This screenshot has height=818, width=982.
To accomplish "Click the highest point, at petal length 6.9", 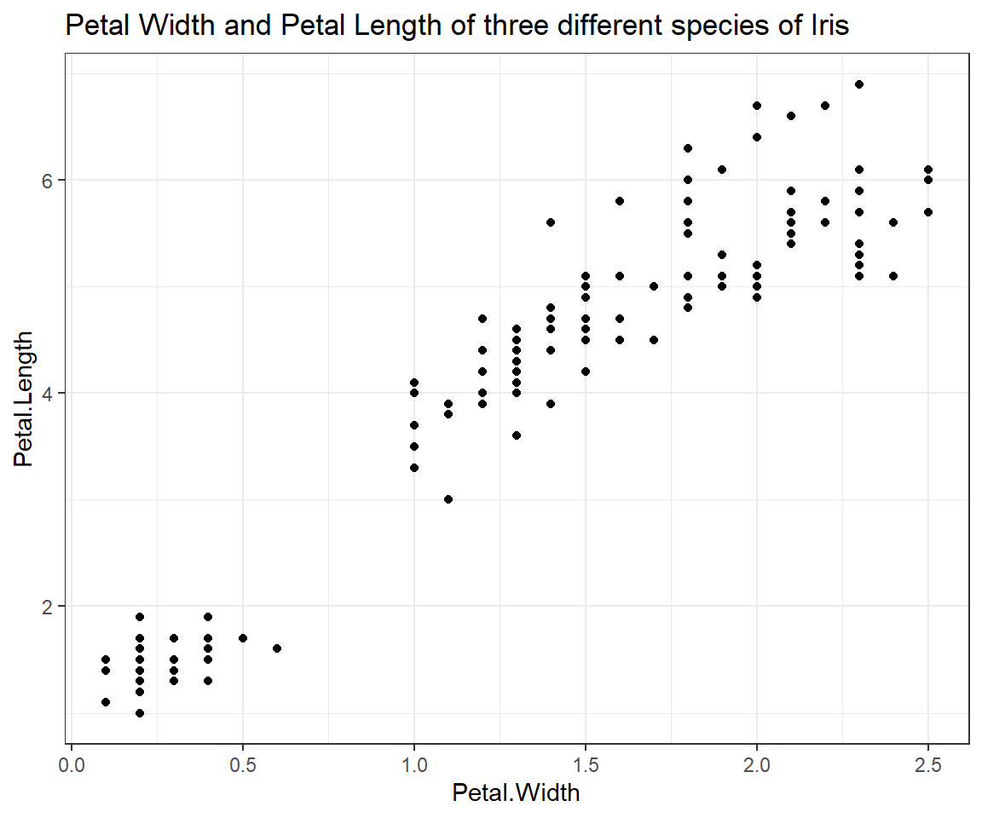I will point(859,84).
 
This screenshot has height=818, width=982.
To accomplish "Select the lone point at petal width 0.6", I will point(277,648).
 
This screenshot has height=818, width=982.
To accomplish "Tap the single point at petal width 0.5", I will point(243,638).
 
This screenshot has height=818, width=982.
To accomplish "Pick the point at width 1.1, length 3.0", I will point(448,499).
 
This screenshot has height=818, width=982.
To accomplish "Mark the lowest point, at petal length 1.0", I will point(140,713).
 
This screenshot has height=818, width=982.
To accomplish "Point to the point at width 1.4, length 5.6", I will point(551,222).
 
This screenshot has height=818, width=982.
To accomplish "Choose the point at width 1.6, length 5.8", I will point(620,201).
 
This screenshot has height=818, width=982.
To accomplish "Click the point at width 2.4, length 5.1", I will point(893,276).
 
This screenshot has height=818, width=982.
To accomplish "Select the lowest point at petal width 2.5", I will point(928,212).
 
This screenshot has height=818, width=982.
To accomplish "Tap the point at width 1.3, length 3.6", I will point(517,435).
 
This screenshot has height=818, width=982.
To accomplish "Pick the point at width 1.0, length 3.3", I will point(414,468).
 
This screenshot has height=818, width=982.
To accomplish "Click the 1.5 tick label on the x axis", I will point(585,765).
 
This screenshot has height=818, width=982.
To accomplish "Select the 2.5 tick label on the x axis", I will point(927,765).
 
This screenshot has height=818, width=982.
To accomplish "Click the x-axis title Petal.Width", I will point(516,794).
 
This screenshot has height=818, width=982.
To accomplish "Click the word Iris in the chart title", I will point(829,27).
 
